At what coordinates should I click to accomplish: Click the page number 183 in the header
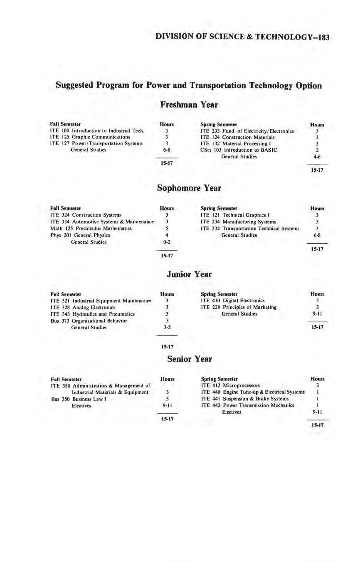322,37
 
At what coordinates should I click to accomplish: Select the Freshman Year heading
189,104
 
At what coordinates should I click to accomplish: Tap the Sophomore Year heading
189,188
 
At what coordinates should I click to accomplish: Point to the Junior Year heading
189,274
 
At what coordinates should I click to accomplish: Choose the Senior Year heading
189,358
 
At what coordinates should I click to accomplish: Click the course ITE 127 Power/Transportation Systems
96,143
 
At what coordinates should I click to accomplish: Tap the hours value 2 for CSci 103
317,150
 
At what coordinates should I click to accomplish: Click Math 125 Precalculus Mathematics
91,228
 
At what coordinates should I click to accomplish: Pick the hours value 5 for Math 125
166,228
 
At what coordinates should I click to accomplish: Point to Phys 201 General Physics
80,235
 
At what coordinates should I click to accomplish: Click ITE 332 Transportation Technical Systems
249,228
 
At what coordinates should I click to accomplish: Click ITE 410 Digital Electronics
232,300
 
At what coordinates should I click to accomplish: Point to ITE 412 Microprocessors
230,385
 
